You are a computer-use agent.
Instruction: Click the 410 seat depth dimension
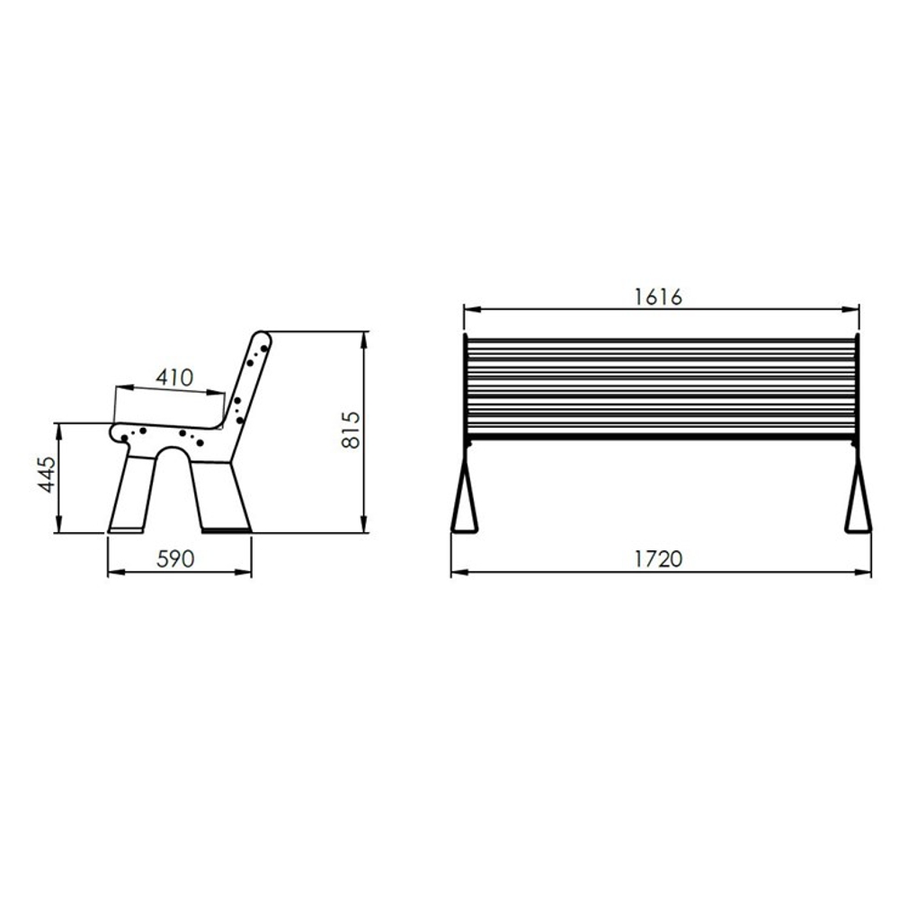[x=175, y=378]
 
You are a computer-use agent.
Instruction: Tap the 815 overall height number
[x=351, y=430]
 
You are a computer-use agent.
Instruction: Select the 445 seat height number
[x=47, y=474]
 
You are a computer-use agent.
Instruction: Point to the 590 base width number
[x=175, y=559]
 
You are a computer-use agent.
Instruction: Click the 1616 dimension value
[x=658, y=297]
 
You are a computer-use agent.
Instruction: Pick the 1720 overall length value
[x=658, y=559]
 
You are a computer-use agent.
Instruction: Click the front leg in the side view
[x=132, y=492]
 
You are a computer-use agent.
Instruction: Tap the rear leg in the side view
[x=220, y=496]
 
